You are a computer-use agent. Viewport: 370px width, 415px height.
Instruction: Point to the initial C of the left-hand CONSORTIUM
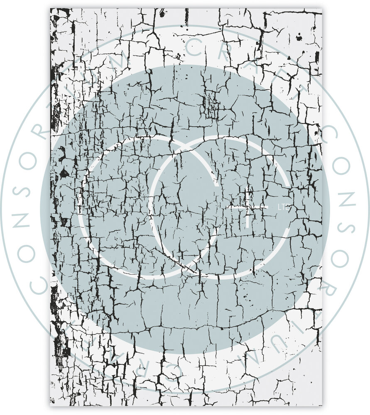pyautogui.click(x=40, y=284)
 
